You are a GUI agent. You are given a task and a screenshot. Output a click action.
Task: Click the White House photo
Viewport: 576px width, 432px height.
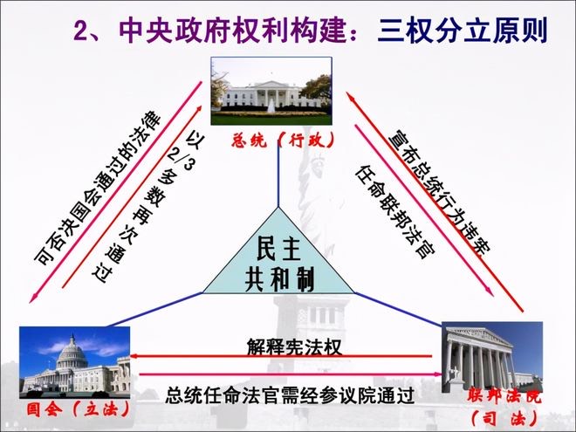tap(271, 91)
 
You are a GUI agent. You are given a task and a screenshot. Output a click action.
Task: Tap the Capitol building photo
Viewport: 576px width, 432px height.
tap(74, 362)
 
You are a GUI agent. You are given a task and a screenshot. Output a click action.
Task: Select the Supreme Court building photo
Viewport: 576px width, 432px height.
tap(492, 358)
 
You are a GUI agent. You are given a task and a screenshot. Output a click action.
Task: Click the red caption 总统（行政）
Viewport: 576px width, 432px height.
tap(283, 140)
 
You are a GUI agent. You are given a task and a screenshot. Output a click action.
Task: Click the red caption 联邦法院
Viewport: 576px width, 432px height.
tap(504, 397)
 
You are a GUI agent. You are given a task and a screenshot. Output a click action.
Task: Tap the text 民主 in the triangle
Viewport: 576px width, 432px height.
tap(278, 249)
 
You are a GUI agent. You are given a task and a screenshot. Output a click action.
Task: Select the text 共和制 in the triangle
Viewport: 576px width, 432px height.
tap(279, 281)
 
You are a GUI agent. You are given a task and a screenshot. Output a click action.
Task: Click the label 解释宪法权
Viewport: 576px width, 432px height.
tap(294, 346)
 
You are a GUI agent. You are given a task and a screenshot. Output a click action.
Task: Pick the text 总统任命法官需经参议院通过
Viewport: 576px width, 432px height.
tap(290, 394)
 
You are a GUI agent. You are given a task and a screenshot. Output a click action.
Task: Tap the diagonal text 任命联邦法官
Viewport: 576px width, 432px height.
tap(394, 212)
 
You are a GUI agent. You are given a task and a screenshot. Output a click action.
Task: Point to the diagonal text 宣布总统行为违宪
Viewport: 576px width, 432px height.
tap(440, 191)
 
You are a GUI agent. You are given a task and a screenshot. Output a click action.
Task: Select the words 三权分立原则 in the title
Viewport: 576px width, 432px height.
tap(463, 31)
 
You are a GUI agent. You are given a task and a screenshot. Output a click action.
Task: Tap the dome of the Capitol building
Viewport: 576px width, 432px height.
tap(72, 351)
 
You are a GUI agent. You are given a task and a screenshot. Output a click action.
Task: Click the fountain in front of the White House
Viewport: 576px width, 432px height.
tap(271, 106)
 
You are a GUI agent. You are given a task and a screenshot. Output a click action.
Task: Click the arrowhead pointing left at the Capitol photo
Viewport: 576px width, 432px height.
tap(134, 355)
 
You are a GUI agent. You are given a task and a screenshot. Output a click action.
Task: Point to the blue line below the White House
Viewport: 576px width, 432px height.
tap(278, 177)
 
